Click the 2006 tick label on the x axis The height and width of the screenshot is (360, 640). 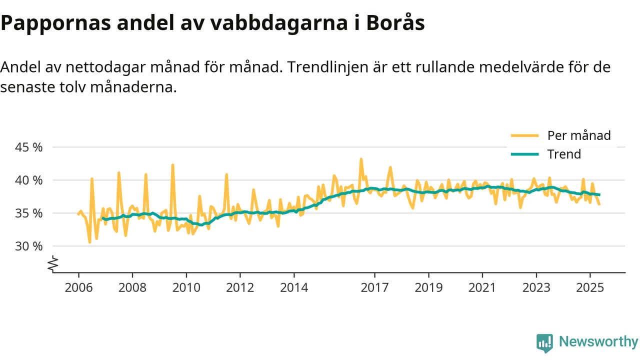click(78, 288)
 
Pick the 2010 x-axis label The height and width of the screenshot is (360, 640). click(186, 288)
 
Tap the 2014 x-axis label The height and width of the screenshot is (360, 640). click(294, 288)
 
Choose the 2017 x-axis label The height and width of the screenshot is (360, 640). click(374, 288)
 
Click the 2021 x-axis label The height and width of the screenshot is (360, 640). click(482, 288)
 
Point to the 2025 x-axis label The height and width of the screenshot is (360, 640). click(590, 288)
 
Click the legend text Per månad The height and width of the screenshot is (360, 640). click(579, 135)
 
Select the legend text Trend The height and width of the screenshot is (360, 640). click(564, 154)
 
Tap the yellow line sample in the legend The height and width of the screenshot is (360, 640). click(524, 135)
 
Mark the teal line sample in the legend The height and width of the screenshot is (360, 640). click(524, 154)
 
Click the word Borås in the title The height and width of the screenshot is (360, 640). click(395, 23)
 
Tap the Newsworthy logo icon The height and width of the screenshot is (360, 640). click(544, 343)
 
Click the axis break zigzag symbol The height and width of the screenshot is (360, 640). click(53, 264)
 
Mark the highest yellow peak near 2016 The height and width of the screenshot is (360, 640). click(361, 159)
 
